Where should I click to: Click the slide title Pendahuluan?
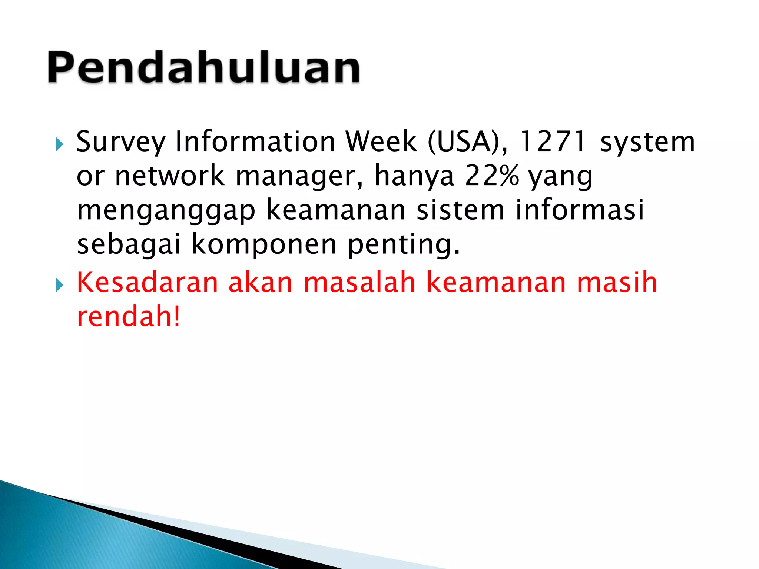coord(203,68)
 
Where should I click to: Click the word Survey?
coord(120,142)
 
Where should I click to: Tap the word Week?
coord(381,142)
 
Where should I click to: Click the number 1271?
coord(553,142)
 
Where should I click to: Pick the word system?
coord(647,142)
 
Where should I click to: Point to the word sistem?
coord(460,210)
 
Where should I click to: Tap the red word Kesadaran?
coord(148,282)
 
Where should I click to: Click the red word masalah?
coord(359,282)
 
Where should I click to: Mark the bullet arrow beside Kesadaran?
coord(59,285)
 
